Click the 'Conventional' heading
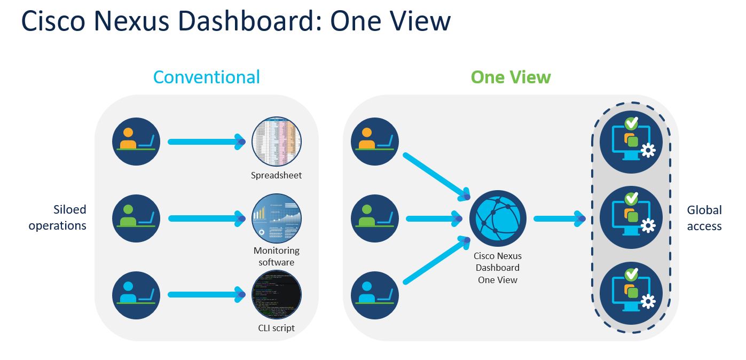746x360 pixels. (207, 77)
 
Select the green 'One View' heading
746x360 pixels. (511, 77)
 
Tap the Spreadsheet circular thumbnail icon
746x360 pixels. (276, 142)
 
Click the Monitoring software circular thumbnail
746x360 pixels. (276, 218)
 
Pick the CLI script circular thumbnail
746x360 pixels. (276, 295)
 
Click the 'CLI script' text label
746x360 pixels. (276, 328)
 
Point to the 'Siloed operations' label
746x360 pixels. (57, 217)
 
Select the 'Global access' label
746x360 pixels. (704, 218)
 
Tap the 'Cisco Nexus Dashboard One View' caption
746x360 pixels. (497, 268)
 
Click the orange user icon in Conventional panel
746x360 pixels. (136, 142)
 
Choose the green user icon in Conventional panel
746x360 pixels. (136, 218)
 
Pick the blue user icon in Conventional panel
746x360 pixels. (136, 295)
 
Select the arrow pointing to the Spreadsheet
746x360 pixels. (206, 142)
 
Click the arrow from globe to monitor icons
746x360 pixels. (559, 218)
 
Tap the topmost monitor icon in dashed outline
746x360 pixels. (631, 142)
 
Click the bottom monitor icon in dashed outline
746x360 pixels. (631, 294)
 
